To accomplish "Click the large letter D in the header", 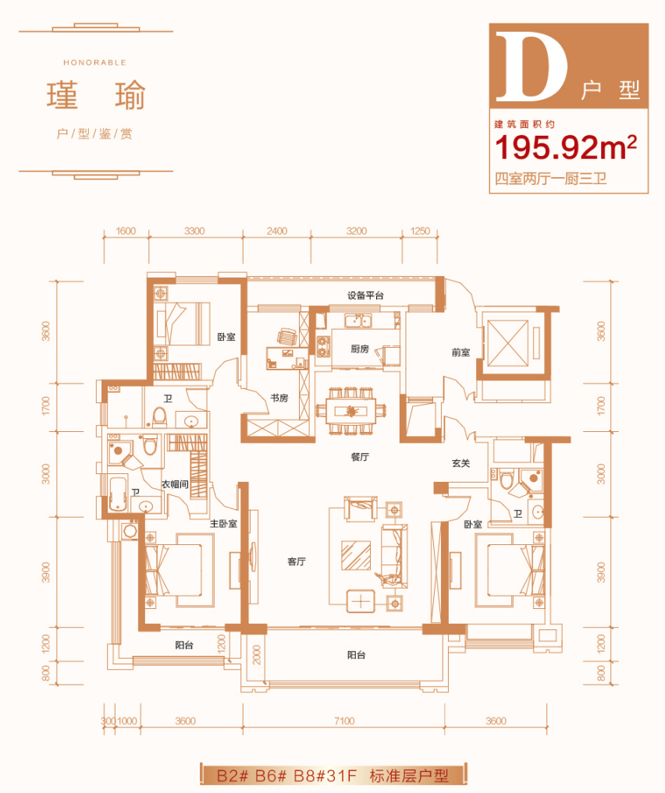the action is [531, 65].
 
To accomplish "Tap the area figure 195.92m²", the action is [565, 147].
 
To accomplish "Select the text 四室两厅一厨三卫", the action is [550, 179].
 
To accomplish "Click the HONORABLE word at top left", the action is [94, 62].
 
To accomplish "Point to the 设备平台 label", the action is [365, 296].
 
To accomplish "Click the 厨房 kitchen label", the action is [360, 349].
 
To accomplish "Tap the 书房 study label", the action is [279, 398].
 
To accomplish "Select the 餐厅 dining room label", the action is [360, 457].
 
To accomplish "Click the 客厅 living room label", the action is [296, 561].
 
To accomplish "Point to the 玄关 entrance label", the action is [461, 463].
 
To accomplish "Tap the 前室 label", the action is [461, 352].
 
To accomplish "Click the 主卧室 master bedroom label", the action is [224, 524].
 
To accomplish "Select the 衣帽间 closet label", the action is [175, 484].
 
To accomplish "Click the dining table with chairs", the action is [351, 411].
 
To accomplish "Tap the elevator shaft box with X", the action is [508, 344].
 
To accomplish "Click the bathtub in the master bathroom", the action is [119, 493].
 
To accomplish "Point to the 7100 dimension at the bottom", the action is [344, 720].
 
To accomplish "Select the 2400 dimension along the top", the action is [277, 231].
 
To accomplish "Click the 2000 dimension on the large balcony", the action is [257, 655].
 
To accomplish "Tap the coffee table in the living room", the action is [356, 555].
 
